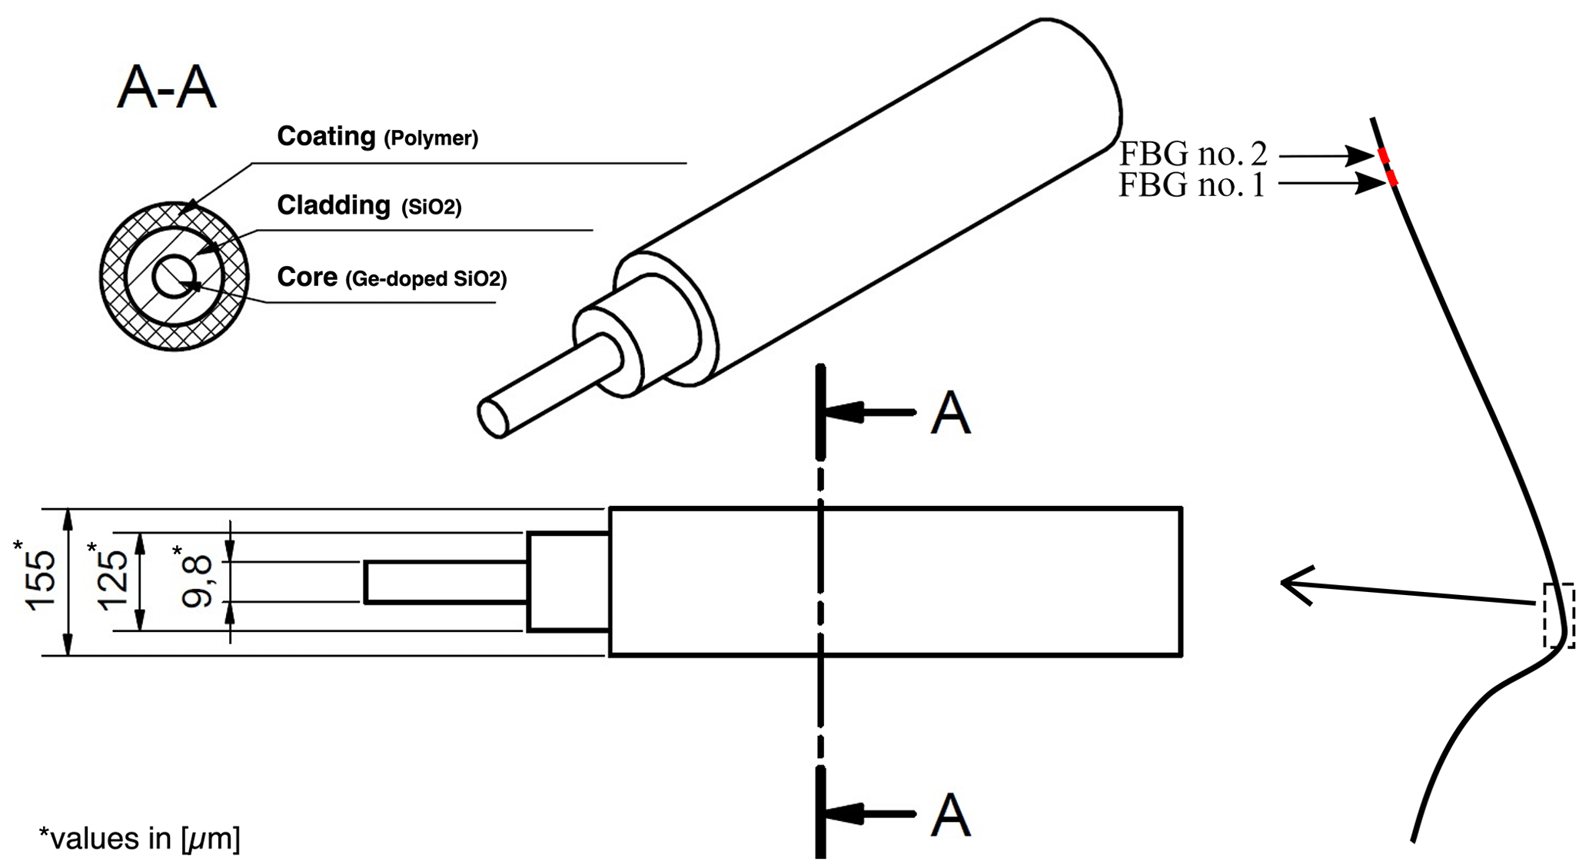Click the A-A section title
click(167, 88)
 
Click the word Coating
click(326, 136)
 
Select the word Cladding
click(334, 205)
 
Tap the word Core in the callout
click(307, 277)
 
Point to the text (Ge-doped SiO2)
click(426, 279)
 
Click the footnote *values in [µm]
click(139, 838)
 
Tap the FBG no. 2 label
click(1192, 154)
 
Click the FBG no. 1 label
click(1192, 185)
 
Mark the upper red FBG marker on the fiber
click(1384, 156)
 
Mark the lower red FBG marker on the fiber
click(1392, 178)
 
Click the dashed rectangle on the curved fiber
click(1559, 615)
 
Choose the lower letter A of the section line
click(950, 814)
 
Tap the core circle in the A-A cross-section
click(175, 278)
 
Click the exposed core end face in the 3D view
click(494, 418)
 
